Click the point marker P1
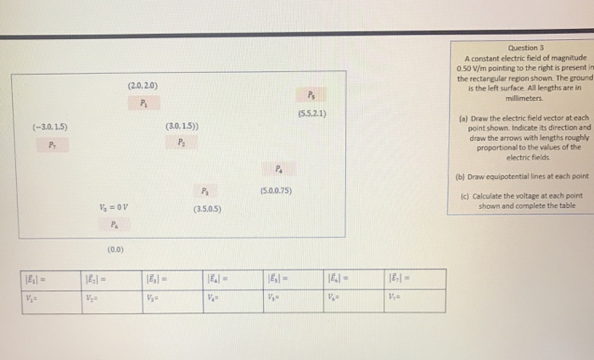click(x=143, y=104)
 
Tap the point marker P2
click(x=182, y=143)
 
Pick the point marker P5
click(x=311, y=95)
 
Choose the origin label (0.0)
click(x=116, y=250)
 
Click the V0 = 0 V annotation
click(x=115, y=207)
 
